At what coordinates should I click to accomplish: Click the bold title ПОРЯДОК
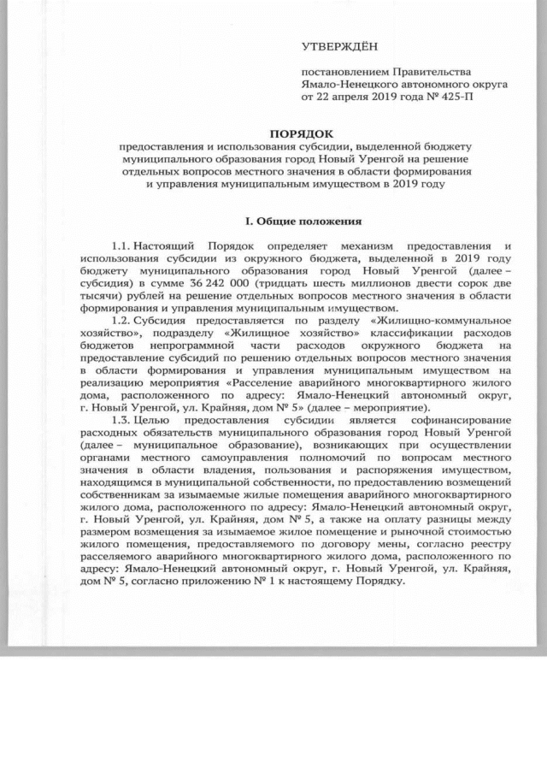click(x=298, y=134)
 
